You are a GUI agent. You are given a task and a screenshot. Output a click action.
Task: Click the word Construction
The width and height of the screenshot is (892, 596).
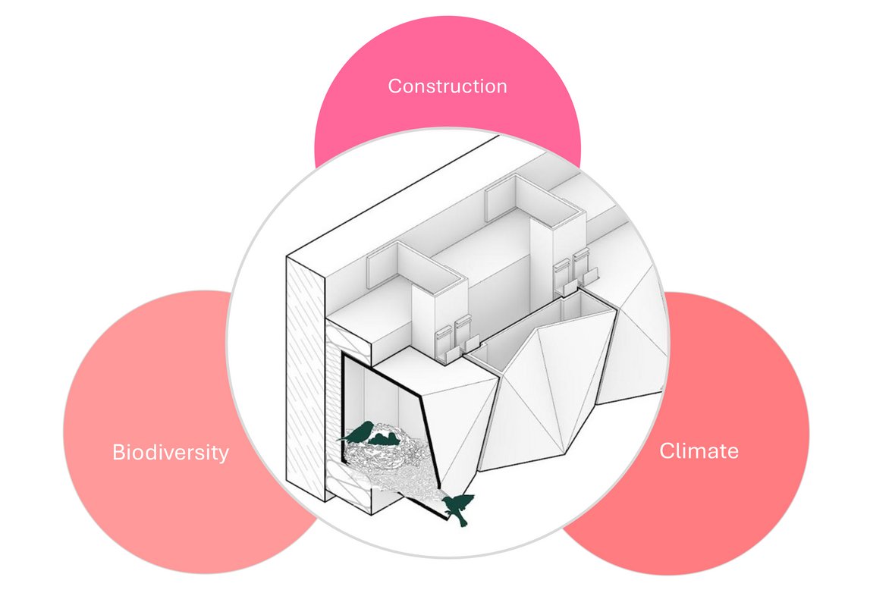[447, 86]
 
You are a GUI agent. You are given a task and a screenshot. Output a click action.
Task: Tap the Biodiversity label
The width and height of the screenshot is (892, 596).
[170, 453]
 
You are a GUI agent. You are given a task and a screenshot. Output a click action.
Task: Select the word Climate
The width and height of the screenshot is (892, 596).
[699, 450]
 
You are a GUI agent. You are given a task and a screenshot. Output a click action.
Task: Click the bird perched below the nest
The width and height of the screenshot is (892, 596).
[460, 506]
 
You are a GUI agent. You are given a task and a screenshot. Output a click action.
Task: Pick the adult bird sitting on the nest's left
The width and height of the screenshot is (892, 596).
[360, 433]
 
